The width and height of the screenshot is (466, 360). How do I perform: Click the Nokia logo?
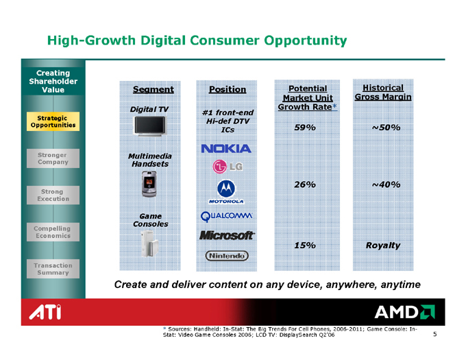coord(226,148)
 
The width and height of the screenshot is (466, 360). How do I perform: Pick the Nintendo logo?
coord(227,256)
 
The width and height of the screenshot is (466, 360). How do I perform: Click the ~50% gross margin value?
coord(385,128)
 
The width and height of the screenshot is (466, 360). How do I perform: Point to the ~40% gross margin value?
coord(385,184)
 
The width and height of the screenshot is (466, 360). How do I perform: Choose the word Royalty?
coord(383,245)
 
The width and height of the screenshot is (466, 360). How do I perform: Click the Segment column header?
coord(153,90)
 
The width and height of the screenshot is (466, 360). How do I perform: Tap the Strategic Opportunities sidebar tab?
coord(52,122)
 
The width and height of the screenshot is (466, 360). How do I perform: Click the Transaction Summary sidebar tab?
coord(52,268)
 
